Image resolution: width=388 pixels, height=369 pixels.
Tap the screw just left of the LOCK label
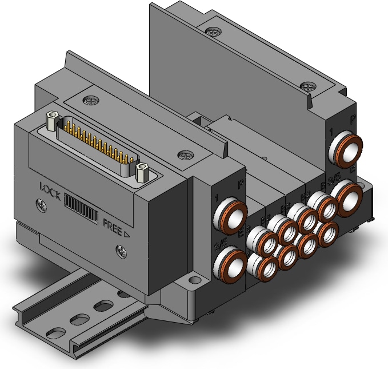coord(41,203)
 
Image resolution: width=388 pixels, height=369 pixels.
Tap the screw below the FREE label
coord(121,249)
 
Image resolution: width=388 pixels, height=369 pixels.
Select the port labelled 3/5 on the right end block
coord(348,196)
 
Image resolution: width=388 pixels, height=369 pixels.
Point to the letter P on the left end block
coord(239,184)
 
